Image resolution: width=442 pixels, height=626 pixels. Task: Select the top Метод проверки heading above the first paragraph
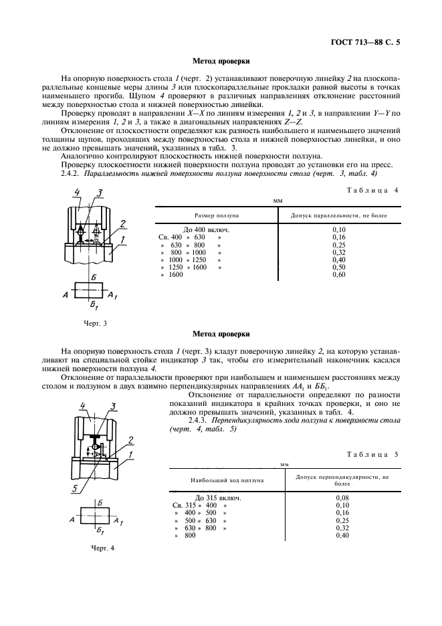[221, 61]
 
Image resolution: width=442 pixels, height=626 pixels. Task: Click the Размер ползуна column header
[216, 215]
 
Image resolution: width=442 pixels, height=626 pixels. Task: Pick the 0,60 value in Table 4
[338, 275]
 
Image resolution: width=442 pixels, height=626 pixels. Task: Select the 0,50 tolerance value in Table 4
[338, 267]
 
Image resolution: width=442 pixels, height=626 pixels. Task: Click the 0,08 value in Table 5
[342, 498]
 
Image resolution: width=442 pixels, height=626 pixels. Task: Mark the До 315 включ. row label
[217, 498]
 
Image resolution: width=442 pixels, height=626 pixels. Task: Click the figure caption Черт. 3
[95, 324]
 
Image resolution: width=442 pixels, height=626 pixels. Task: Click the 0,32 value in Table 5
[342, 528]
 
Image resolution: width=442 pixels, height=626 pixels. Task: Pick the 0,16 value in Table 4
[338, 237]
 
